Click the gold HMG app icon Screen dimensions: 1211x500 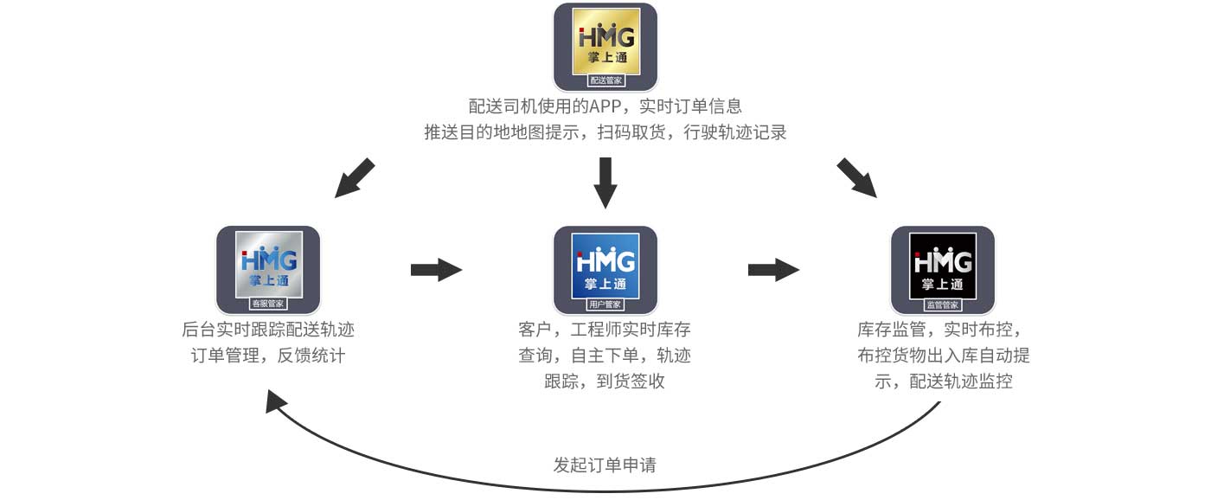click(x=605, y=47)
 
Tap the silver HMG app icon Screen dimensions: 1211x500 click(x=268, y=270)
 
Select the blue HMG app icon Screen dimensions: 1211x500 click(x=605, y=270)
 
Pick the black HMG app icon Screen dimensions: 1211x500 click(x=943, y=270)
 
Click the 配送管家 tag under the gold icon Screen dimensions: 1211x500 click(x=606, y=80)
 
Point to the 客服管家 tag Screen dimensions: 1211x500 click(x=268, y=304)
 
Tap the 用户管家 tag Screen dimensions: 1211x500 click(x=605, y=304)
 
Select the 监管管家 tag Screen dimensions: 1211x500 click(x=943, y=304)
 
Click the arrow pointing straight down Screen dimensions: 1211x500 click(x=605, y=183)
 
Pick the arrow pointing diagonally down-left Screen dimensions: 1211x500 click(x=354, y=178)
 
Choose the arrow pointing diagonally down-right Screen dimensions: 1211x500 click(x=857, y=178)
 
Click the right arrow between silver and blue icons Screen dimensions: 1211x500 click(x=436, y=270)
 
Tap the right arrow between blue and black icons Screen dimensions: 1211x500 click(x=773, y=270)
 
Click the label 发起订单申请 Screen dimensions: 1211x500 click(x=605, y=465)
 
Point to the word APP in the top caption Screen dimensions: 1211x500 click(x=605, y=106)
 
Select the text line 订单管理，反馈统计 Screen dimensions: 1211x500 click(x=268, y=356)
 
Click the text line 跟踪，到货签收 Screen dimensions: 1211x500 click(x=605, y=381)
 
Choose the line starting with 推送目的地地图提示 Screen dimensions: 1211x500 click(x=605, y=131)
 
